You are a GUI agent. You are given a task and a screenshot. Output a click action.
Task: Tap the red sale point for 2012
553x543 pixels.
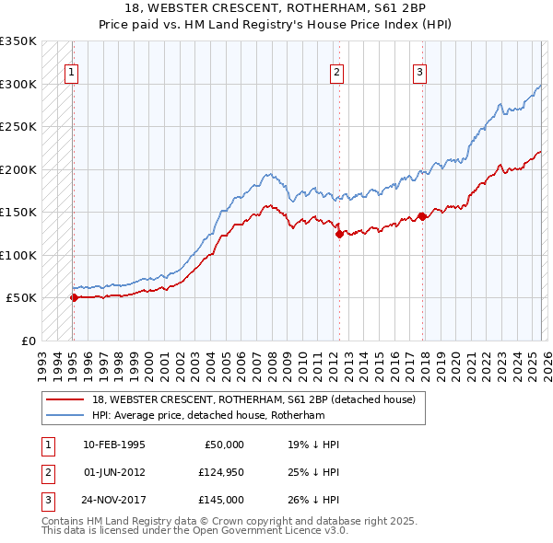338,234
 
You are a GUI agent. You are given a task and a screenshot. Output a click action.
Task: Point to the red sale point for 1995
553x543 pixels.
74,297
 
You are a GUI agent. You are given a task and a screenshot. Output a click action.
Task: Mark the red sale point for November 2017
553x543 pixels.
422,216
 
